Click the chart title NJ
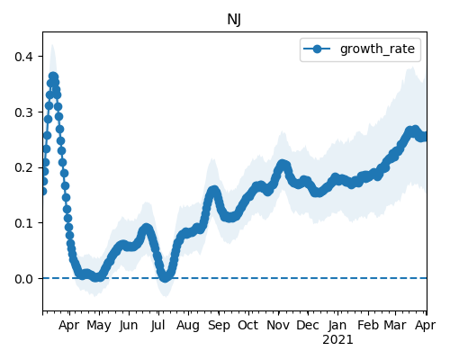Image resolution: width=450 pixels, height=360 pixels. click(x=234, y=20)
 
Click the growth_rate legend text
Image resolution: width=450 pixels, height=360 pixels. click(x=377, y=49)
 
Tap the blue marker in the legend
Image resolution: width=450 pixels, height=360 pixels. click(x=317, y=49)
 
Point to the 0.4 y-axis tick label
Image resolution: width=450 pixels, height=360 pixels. click(x=24, y=57)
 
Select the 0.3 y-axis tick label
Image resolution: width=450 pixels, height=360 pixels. click(x=24, y=112)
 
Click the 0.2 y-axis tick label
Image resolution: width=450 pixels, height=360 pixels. click(x=24, y=167)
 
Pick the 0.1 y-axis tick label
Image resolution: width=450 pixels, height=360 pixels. click(x=24, y=223)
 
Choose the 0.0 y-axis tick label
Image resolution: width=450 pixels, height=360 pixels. click(x=24, y=279)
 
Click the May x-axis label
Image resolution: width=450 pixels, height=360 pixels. click(x=99, y=326)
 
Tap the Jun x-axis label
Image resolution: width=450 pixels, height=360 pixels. click(x=129, y=326)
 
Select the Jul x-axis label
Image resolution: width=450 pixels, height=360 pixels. click(x=158, y=326)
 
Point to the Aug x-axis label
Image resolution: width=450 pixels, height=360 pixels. click(x=188, y=326)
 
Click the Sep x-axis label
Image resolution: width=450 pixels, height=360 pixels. click(x=219, y=326)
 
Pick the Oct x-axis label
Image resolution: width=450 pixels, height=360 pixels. click(x=248, y=325)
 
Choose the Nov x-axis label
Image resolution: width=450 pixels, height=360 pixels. click(x=278, y=325)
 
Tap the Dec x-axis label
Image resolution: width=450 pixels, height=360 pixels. click(x=308, y=325)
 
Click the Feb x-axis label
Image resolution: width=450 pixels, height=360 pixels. click(x=368, y=325)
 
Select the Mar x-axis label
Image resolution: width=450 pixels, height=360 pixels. click(x=395, y=325)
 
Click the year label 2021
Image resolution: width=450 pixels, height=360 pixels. click(x=337, y=340)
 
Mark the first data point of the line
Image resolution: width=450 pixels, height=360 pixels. click(x=43, y=191)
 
